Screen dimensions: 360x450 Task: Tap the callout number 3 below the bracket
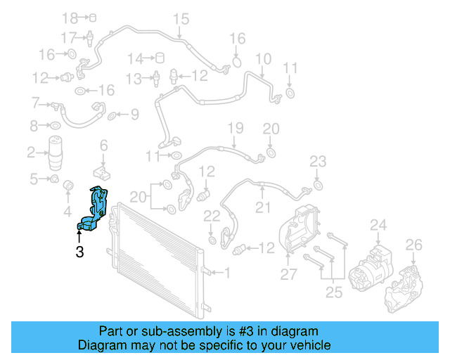tap(79, 251)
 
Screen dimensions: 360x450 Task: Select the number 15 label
tap(181, 18)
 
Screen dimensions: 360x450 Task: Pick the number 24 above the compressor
tap(379, 225)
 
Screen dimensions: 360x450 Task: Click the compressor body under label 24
tap(371, 265)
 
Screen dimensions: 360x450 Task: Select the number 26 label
tap(413, 245)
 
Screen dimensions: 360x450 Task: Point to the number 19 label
tap(235, 127)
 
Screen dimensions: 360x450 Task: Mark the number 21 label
tap(262, 207)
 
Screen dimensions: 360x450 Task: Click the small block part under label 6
tap(103, 172)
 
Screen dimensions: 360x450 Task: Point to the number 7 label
tap(36, 104)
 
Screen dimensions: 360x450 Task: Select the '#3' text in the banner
tap(238, 331)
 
